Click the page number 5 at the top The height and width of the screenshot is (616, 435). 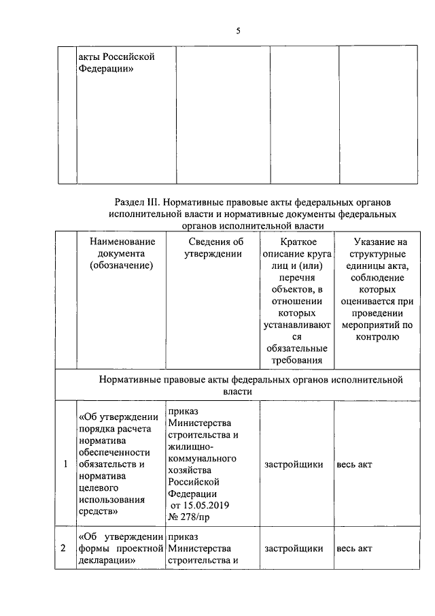point(238,31)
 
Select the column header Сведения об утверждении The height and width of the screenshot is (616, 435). point(214,248)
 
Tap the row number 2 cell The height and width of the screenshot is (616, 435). point(65,549)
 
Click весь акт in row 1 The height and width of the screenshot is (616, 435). point(354,464)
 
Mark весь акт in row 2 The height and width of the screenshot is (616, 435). point(354,549)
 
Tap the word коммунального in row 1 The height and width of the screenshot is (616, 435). point(202,459)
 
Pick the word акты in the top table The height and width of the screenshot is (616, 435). point(90,56)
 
